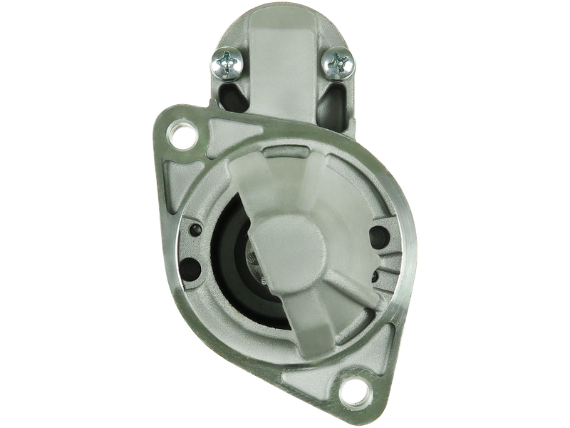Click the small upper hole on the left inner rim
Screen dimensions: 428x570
pos(197,229)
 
